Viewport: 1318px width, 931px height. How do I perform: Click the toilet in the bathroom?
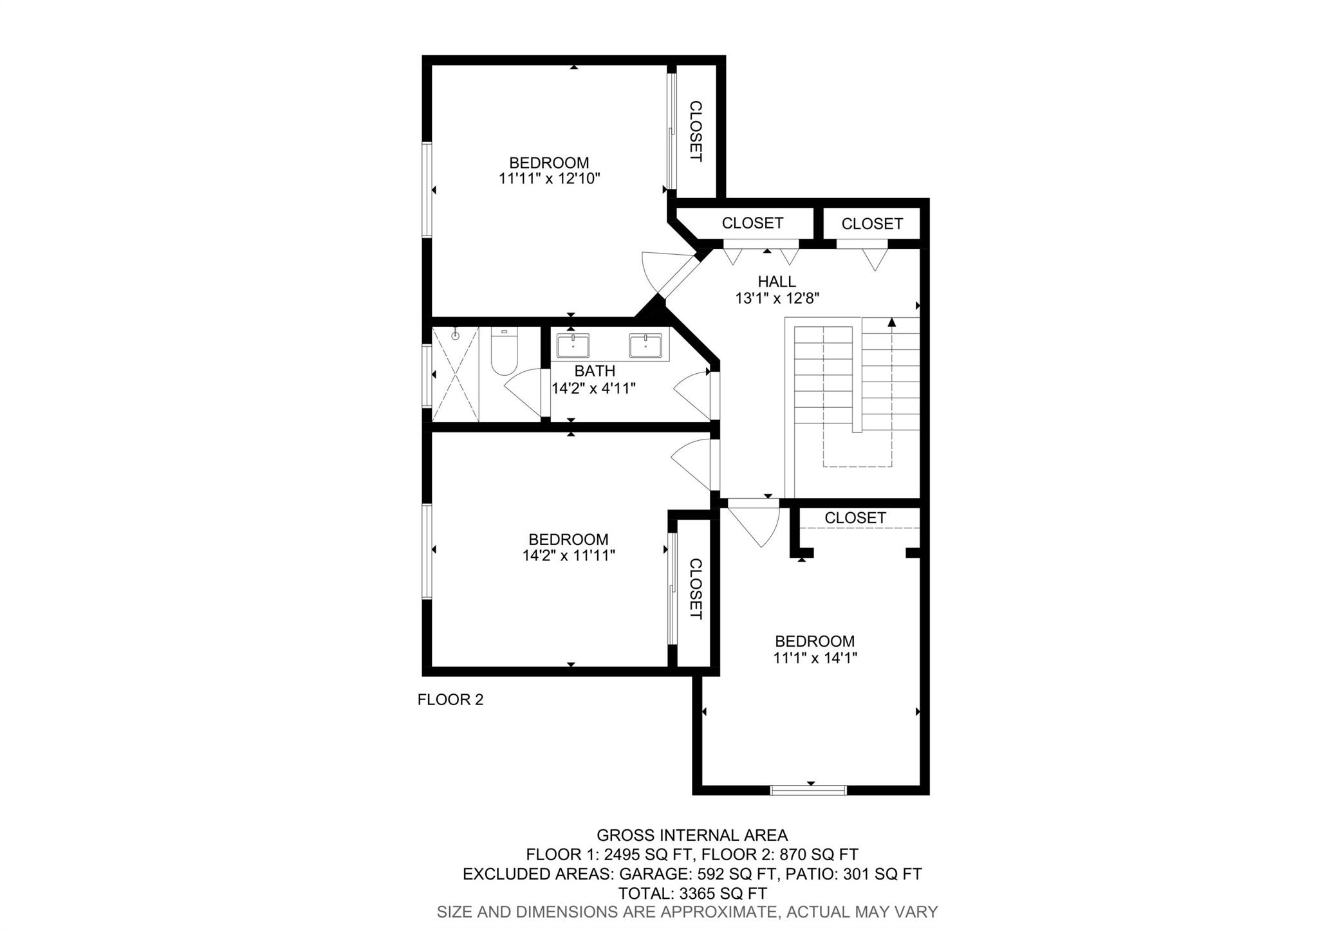click(504, 351)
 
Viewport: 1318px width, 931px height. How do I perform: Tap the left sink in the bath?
click(573, 346)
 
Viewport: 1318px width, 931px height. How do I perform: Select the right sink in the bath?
click(645, 346)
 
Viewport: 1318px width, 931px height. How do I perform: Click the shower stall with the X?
click(455, 374)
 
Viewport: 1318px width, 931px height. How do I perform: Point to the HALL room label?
click(777, 281)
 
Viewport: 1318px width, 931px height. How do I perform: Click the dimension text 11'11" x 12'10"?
click(550, 179)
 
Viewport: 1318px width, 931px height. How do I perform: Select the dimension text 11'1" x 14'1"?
click(815, 658)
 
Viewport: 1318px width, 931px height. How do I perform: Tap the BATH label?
click(595, 371)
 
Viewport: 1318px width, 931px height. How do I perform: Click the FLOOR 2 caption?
click(450, 700)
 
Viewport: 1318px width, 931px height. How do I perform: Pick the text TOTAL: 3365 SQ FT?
click(692, 894)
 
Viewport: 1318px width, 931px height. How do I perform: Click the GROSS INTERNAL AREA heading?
click(692, 836)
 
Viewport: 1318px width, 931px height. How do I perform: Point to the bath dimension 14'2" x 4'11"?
click(594, 388)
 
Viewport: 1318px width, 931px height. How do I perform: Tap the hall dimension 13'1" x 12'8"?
click(777, 299)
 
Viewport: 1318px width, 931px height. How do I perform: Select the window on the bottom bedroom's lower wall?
click(808, 790)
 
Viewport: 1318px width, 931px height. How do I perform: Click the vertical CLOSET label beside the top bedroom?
click(696, 131)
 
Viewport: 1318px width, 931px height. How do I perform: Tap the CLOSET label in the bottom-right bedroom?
click(855, 518)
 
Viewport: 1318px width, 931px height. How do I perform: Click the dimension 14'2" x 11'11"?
click(569, 556)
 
